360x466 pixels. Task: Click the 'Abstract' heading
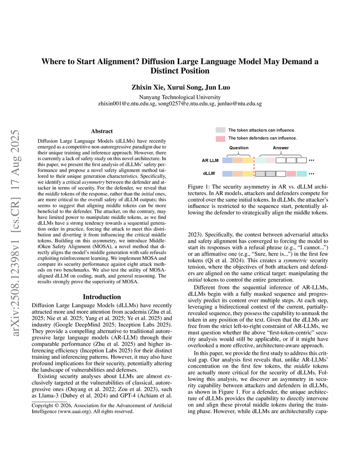101,131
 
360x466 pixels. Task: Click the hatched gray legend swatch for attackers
220,130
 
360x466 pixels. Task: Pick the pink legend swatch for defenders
220,138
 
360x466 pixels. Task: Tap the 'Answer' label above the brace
281,148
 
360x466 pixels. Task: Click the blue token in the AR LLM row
227,161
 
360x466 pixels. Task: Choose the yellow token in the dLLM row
248,174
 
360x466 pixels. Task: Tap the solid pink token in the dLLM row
291,174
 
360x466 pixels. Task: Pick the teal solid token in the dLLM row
302,174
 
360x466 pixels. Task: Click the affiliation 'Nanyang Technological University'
180,97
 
